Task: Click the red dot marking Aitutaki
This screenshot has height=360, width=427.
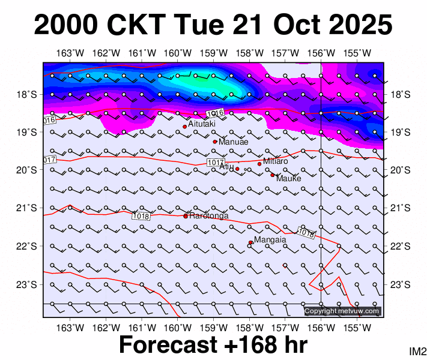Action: pos(185,127)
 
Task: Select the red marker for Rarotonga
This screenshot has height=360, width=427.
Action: pos(186,216)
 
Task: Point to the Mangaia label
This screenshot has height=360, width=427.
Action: pos(270,240)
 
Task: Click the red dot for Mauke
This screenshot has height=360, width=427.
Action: pos(272,175)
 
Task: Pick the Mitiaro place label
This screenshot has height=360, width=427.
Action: pos(276,161)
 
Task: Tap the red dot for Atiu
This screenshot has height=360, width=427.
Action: pos(237,169)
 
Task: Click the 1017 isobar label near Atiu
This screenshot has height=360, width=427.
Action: pos(215,163)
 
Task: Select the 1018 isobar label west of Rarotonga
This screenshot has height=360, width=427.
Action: pos(141,216)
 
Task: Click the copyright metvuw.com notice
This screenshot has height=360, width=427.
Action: pos(342,311)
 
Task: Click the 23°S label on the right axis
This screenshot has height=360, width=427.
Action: pos(399,284)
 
